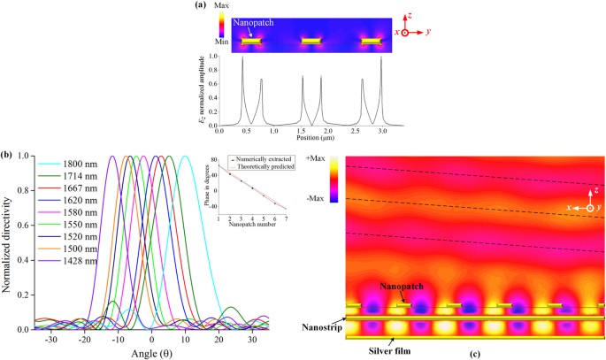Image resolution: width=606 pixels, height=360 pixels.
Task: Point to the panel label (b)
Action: point(8,156)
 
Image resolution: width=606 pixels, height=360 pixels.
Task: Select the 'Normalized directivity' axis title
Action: point(8,242)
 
